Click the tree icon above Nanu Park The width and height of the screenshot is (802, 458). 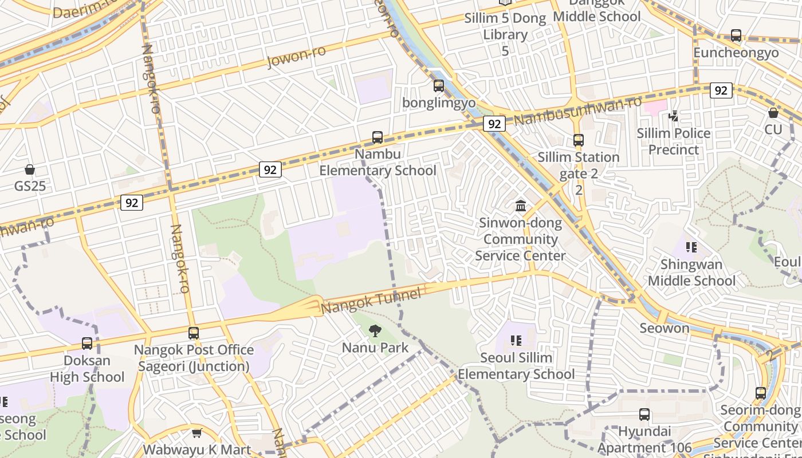pyautogui.click(x=375, y=330)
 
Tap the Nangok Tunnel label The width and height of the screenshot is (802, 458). pyautogui.click(x=371, y=300)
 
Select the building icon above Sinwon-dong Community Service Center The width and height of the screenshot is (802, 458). pyautogui.click(x=521, y=206)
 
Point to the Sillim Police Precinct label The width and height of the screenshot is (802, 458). pyautogui.click(x=674, y=141)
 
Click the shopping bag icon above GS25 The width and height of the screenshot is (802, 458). pyautogui.click(x=30, y=169)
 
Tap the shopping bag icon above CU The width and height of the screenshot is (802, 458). pyautogui.click(x=773, y=113)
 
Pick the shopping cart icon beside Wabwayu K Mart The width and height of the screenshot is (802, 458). pyautogui.click(x=196, y=433)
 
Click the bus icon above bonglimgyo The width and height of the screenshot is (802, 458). pyautogui.click(x=439, y=86)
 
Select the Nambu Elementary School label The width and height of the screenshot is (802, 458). pyautogui.click(x=378, y=163)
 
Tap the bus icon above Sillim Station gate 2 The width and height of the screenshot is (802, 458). pyautogui.click(x=579, y=140)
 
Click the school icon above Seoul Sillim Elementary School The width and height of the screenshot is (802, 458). pyautogui.click(x=516, y=341)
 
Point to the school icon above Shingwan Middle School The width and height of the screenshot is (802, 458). pyautogui.click(x=691, y=247)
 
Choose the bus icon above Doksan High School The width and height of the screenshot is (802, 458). pyautogui.click(x=87, y=343)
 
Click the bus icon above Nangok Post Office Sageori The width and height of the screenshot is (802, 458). pyautogui.click(x=194, y=333)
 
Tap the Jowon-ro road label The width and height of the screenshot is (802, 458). pyautogui.click(x=296, y=57)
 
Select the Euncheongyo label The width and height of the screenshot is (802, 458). pyautogui.click(x=736, y=53)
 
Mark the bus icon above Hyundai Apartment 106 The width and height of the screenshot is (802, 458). pyautogui.click(x=644, y=414)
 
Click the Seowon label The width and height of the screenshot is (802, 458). pyautogui.click(x=665, y=328)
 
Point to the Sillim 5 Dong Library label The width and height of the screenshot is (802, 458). pyautogui.click(x=505, y=26)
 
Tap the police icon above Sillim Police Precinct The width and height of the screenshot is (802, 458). pyautogui.click(x=674, y=116)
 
